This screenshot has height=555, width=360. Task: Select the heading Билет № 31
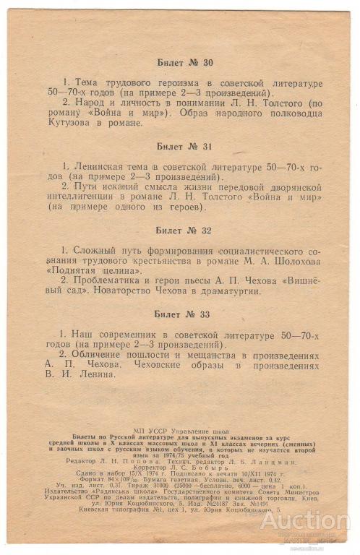tap(184, 146)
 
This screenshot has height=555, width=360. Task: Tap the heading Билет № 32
tap(184, 231)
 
